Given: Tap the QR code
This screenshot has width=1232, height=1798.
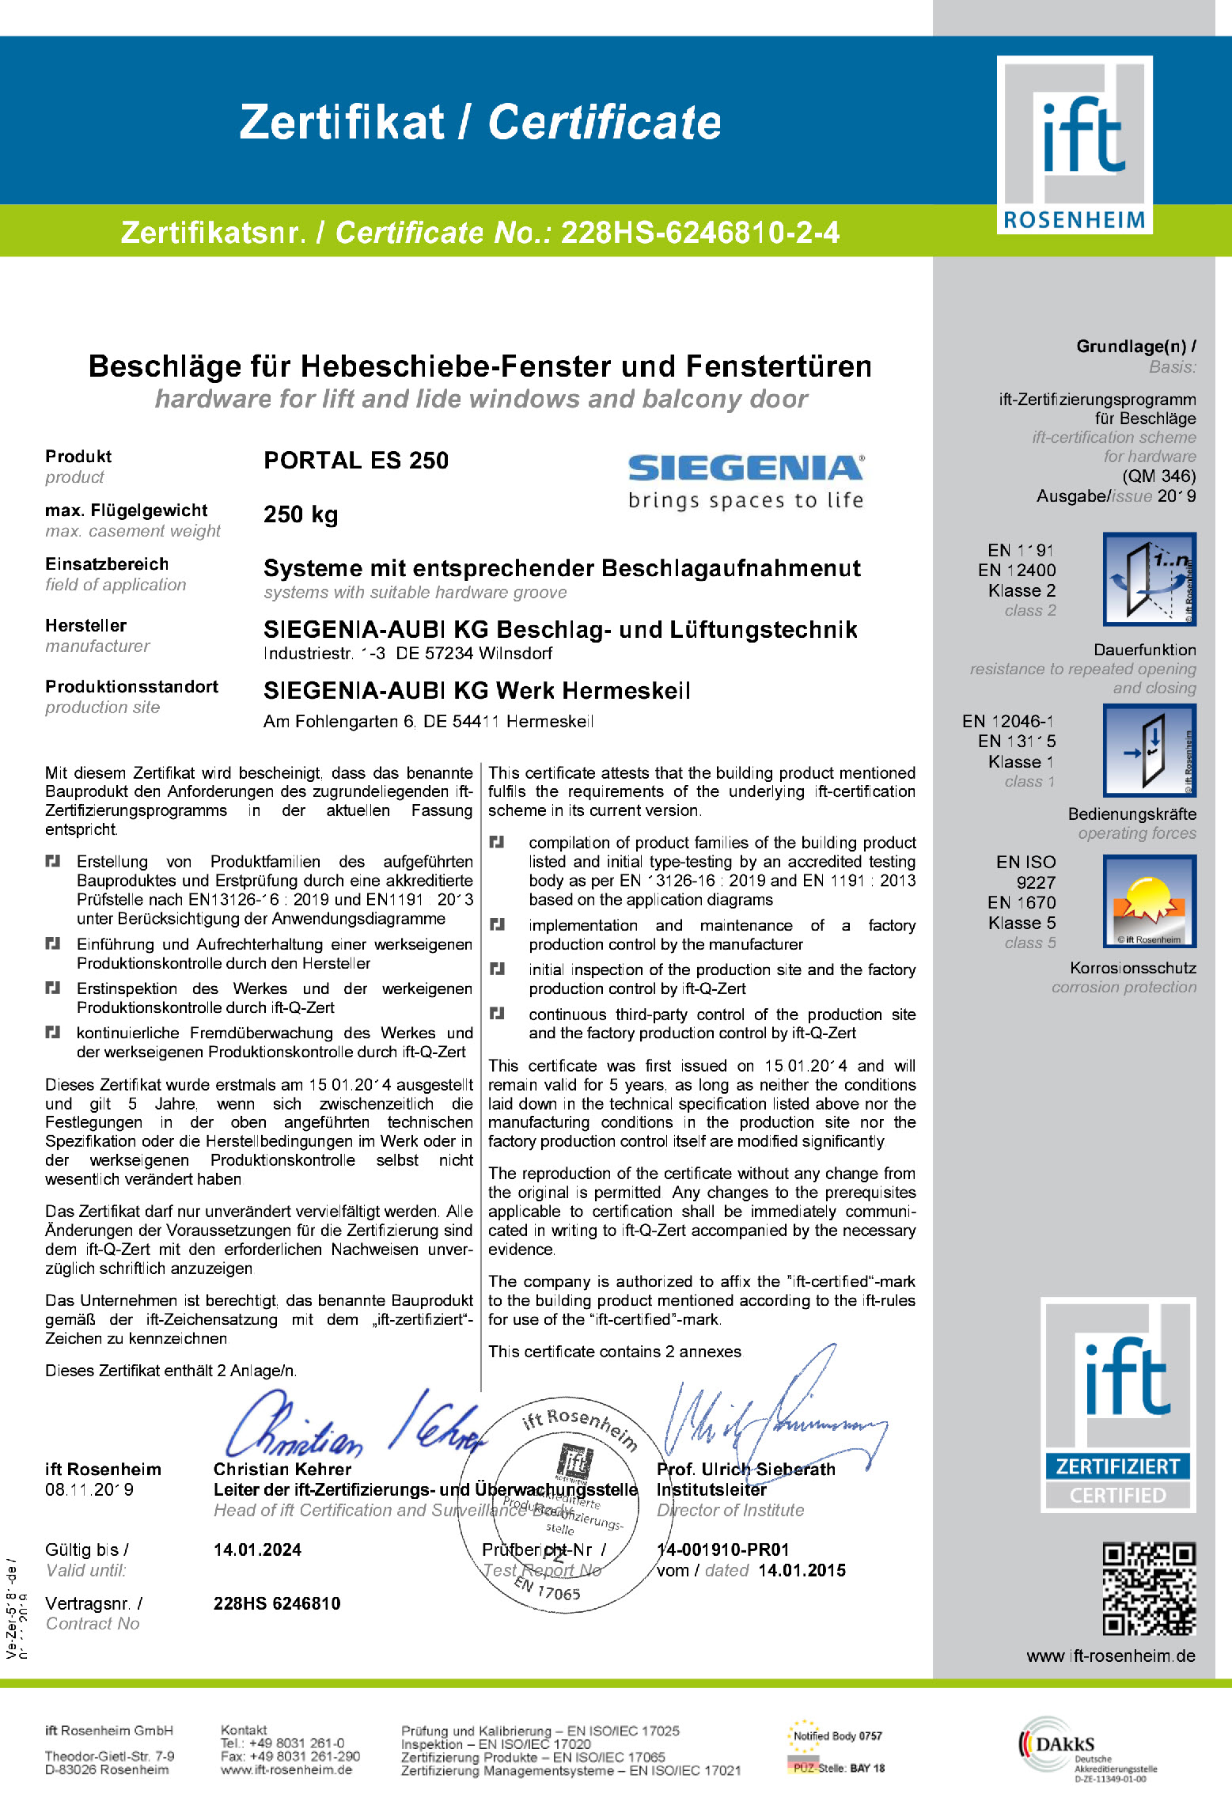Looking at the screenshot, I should pyautogui.click(x=1149, y=1588).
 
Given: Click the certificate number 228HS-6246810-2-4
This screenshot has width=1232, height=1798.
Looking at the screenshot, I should pyautogui.click(x=699, y=233).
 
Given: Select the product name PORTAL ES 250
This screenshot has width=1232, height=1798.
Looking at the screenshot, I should pyautogui.click(x=356, y=461).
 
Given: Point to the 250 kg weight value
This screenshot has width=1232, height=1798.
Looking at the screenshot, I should pyautogui.click(x=301, y=514).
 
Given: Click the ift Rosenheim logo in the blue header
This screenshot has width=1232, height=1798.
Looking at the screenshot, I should pyautogui.click(x=1074, y=145).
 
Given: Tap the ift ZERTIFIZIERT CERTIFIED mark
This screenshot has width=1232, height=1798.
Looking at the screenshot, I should pyautogui.click(x=1117, y=1405).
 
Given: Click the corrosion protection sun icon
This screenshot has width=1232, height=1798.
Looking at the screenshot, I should pyautogui.click(x=1149, y=901).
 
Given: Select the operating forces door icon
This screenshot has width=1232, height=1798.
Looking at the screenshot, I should pyautogui.click(x=1149, y=749).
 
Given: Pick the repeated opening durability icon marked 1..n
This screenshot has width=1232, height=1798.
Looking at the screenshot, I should pyautogui.click(x=1149, y=579).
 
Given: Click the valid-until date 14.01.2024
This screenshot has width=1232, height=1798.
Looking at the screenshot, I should pyautogui.click(x=257, y=1550).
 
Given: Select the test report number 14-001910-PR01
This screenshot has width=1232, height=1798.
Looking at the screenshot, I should pyautogui.click(x=722, y=1550).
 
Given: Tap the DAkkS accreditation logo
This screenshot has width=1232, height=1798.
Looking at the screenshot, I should pyautogui.click(x=1086, y=1749).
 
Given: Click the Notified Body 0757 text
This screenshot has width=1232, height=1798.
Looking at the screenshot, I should pyautogui.click(x=837, y=1736).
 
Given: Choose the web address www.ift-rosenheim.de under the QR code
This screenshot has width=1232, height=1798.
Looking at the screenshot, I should pyautogui.click(x=1110, y=1656).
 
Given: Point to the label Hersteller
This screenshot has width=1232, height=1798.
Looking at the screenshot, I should pyautogui.click(x=85, y=625).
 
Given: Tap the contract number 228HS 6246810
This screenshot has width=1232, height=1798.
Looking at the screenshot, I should pyautogui.click(x=277, y=1603).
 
